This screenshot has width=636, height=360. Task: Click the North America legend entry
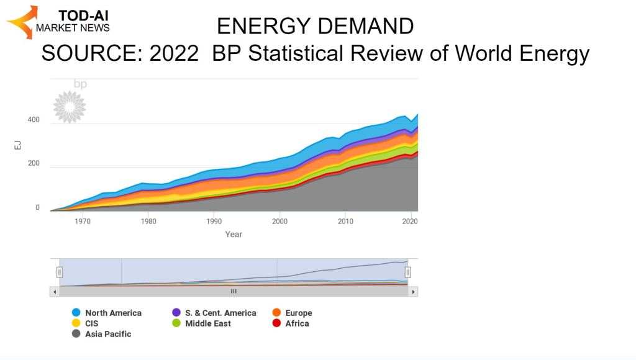tap(107, 313)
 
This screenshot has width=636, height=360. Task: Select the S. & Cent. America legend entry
tap(214, 313)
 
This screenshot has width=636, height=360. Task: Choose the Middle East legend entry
tap(202, 323)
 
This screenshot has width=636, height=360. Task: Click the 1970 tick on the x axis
tap(82, 221)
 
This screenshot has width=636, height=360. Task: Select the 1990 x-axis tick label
tap(214, 221)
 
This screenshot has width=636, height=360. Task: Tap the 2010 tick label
tap(346, 221)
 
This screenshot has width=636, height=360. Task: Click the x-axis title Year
tap(234, 235)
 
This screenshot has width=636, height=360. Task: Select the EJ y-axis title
tap(19, 146)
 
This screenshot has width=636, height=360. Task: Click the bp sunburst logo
tap(70, 106)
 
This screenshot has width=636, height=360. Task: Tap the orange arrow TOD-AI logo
tap(22, 22)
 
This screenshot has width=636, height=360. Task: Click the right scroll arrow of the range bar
tap(413, 291)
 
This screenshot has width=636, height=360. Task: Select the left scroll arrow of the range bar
tap(55, 291)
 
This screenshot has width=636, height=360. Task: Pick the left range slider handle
tap(60, 272)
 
